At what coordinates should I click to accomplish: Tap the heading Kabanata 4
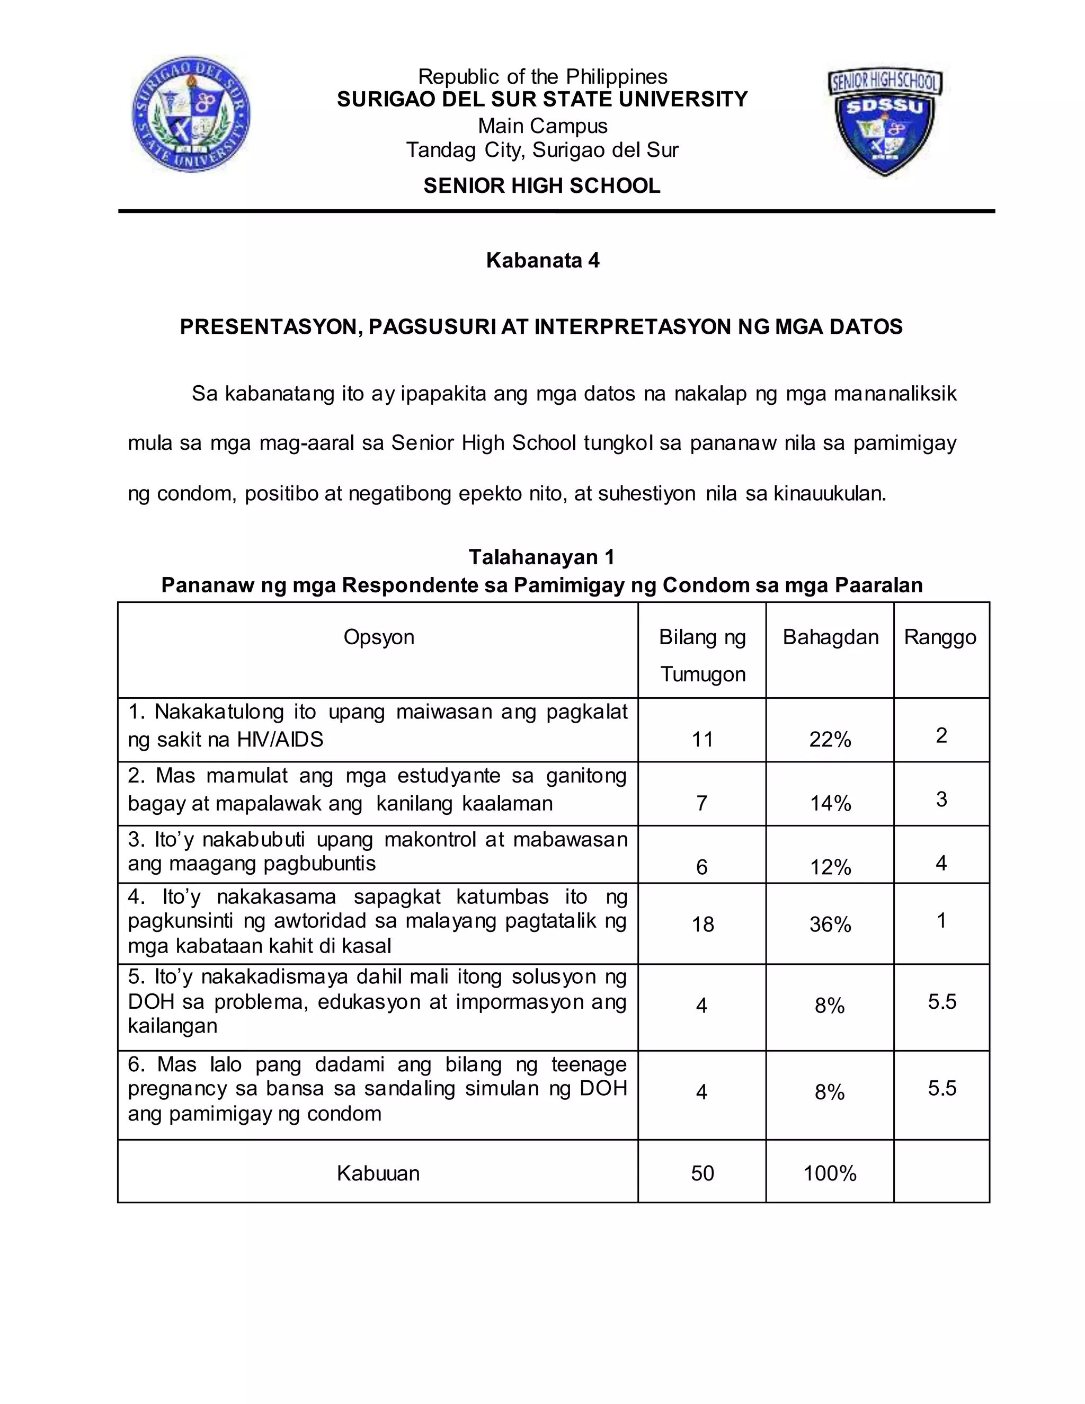(x=542, y=260)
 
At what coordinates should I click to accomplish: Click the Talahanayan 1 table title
(x=542, y=557)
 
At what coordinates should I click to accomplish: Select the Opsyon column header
(x=379, y=637)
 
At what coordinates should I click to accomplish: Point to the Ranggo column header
(x=940, y=637)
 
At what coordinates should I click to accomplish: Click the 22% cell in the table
(x=830, y=739)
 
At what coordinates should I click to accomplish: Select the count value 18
(x=702, y=925)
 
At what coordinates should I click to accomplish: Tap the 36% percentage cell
(x=830, y=925)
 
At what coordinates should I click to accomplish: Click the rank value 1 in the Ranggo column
(x=941, y=921)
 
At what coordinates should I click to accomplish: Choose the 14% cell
(x=830, y=803)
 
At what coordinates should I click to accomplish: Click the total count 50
(x=702, y=1173)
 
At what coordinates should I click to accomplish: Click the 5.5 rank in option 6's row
(x=941, y=1088)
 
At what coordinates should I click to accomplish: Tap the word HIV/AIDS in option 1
(x=280, y=739)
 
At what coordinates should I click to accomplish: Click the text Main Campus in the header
(x=542, y=126)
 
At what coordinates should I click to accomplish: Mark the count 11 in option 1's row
(x=702, y=739)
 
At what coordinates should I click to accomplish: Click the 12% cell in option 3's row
(x=830, y=867)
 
